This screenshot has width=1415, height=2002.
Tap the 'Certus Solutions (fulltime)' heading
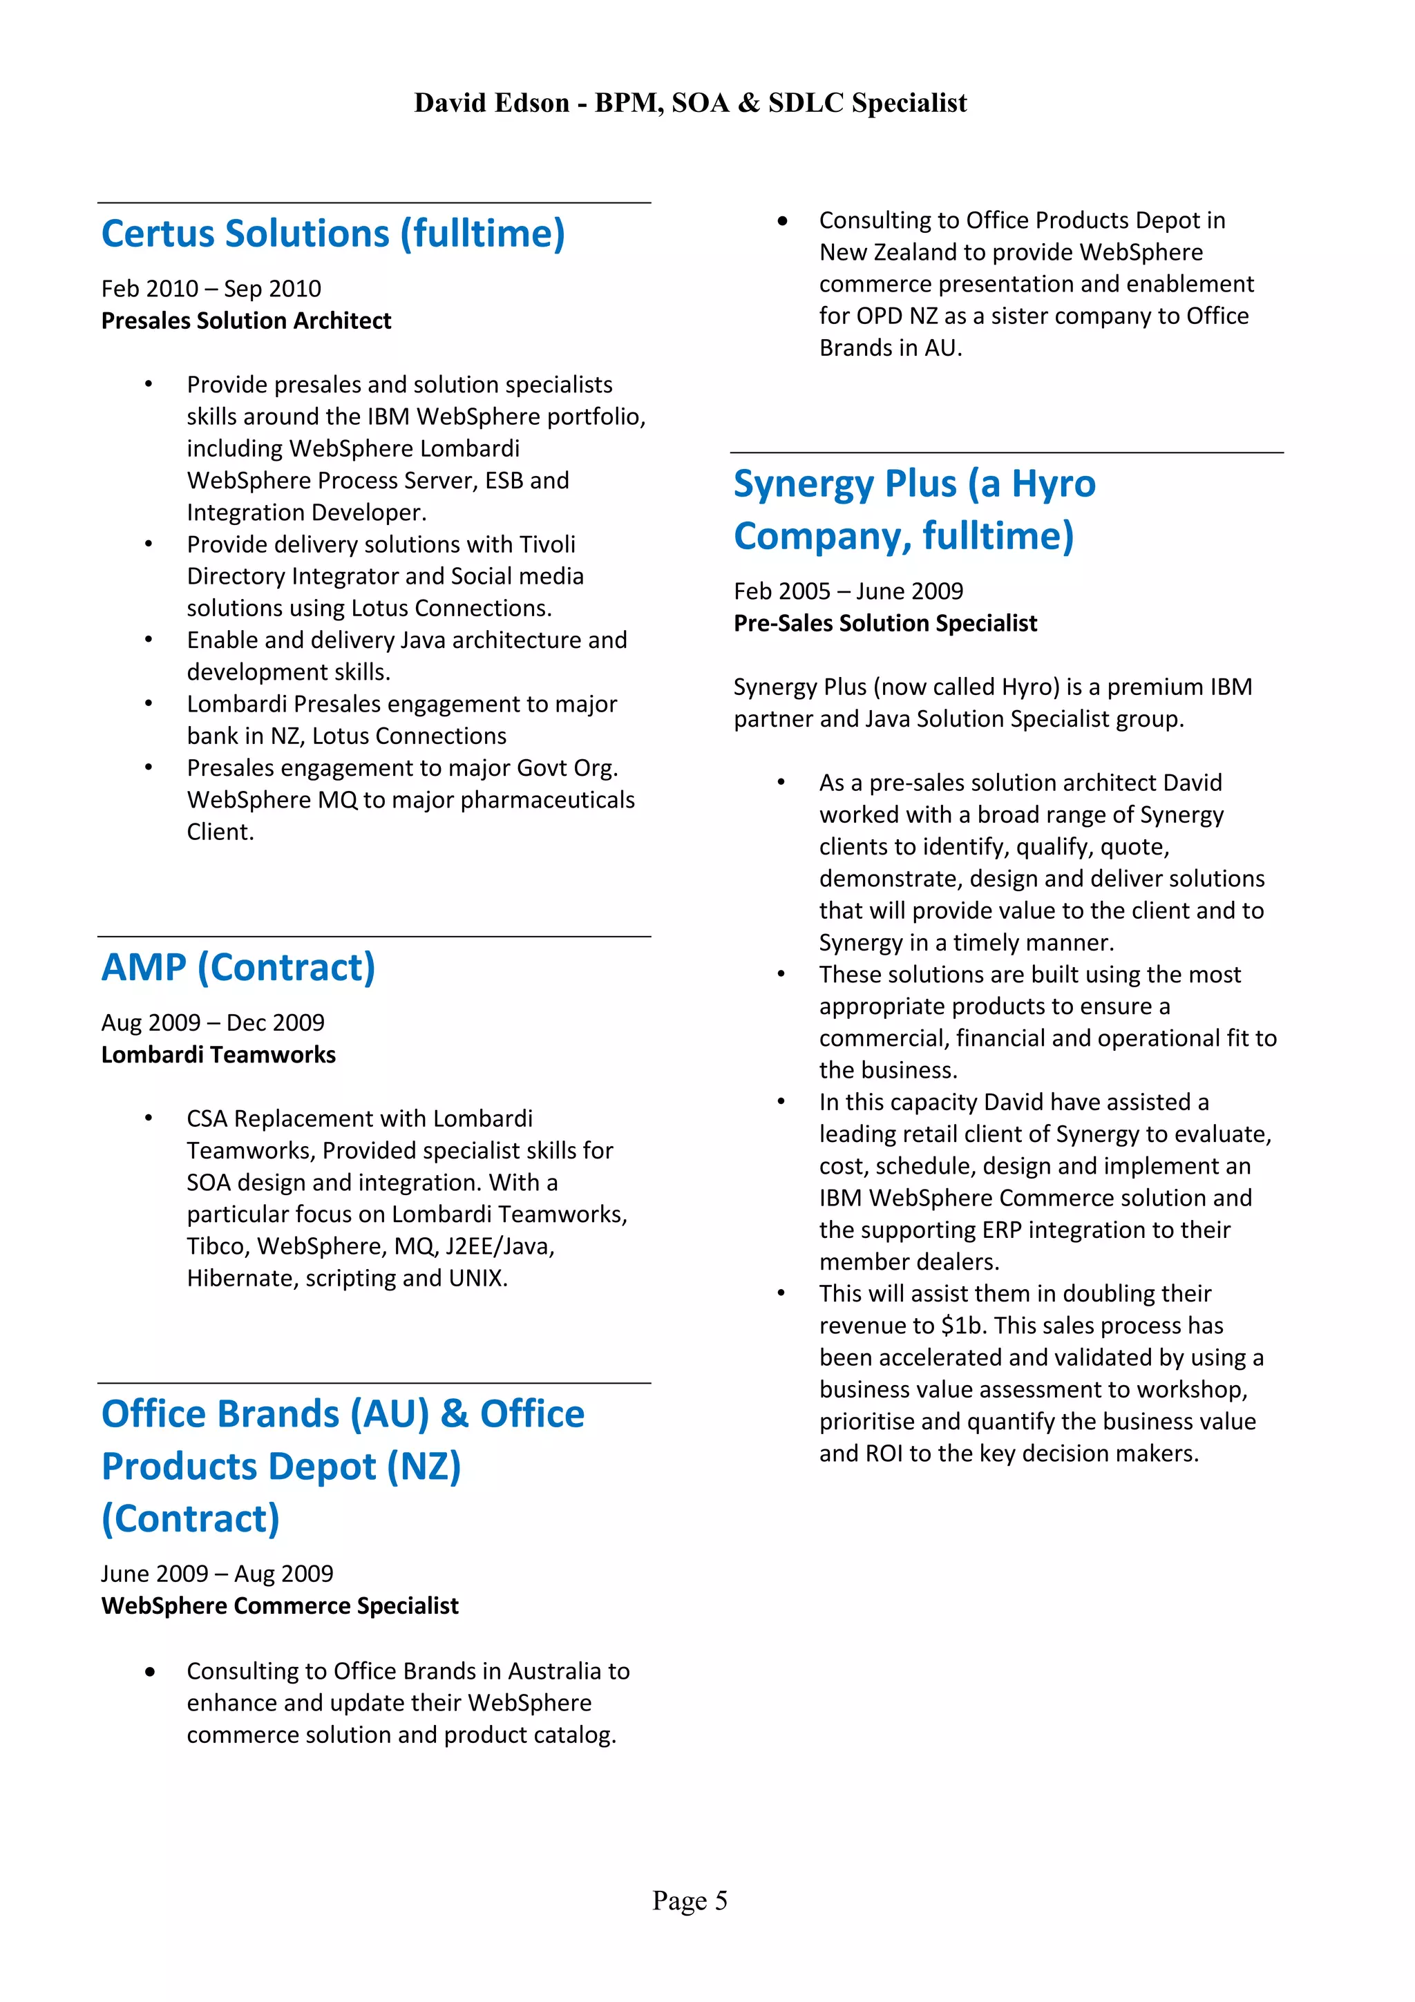pos(333,233)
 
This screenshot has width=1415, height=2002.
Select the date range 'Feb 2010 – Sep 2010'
pos(211,289)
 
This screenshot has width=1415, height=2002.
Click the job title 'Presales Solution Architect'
pos(246,321)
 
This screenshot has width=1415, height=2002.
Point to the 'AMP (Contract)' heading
pos(238,968)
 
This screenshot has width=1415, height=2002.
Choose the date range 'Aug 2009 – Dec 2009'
pos(213,1023)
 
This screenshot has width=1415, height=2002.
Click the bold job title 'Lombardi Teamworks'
pos(218,1055)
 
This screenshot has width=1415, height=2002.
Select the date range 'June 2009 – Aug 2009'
pos(217,1574)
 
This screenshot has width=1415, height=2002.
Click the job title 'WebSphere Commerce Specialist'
pos(280,1606)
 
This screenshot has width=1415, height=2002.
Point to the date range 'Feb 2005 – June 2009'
pos(848,591)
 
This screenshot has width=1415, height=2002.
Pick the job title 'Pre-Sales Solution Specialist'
pos(885,623)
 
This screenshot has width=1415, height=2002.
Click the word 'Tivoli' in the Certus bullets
pos(547,544)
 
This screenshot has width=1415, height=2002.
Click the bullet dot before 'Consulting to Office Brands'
pos(151,1672)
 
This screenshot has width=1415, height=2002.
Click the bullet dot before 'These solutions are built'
pos(782,975)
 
